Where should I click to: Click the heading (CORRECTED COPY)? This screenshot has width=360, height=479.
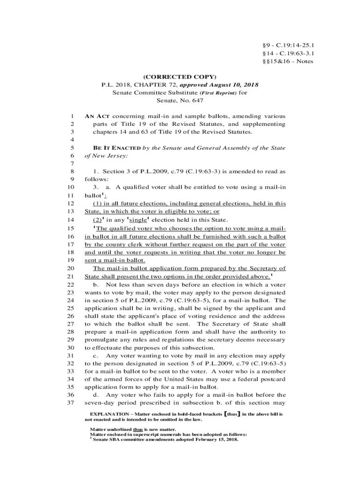click(180, 77)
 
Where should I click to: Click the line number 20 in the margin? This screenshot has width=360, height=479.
click(71, 269)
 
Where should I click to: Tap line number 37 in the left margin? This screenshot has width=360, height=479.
click(71, 403)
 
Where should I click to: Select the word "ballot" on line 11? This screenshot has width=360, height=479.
click(93, 196)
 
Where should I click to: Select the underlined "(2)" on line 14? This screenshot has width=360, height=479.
click(97, 220)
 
